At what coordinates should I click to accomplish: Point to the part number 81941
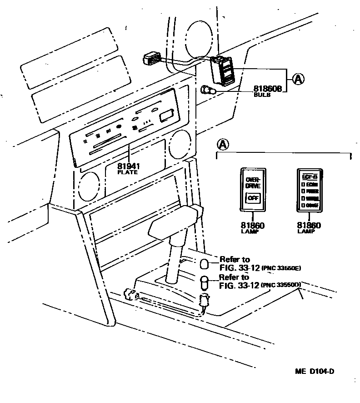(x=128, y=166)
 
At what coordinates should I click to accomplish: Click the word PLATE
(x=128, y=172)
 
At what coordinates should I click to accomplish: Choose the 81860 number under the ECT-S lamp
(x=309, y=225)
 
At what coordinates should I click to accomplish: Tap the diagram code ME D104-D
(x=314, y=372)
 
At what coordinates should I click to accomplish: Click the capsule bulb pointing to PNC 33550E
(x=205, y=264)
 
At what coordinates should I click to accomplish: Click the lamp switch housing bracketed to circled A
(x=223, y=71)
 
